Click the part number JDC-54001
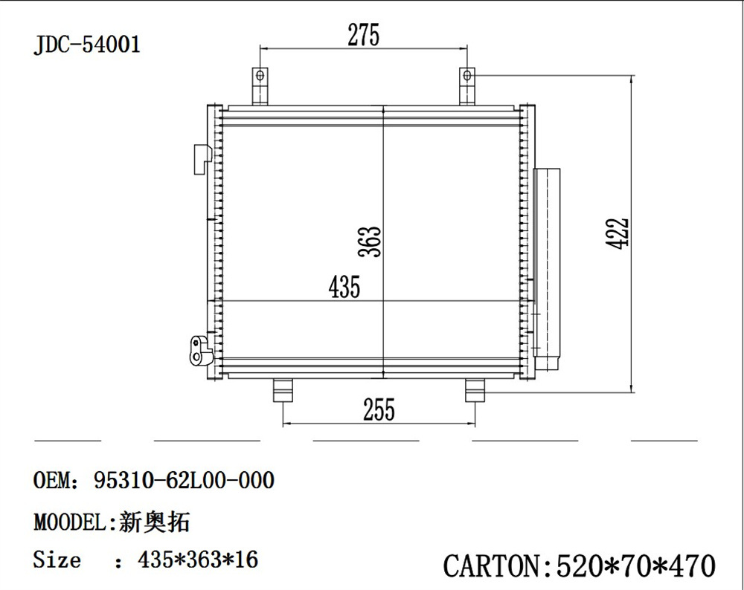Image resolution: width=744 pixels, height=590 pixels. coord(87,45)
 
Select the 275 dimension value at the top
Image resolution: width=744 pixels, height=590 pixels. coord(363,35)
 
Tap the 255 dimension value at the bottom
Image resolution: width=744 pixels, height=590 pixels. coord(379,409)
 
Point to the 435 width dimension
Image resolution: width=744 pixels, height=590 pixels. coord(344,286)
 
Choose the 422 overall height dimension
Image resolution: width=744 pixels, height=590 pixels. coord(617,233)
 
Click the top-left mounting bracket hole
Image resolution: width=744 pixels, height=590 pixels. coord(260,76)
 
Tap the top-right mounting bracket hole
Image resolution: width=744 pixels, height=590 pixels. coord(467,76)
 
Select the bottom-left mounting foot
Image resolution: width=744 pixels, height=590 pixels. coord(283,390)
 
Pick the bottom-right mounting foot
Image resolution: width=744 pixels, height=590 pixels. coord(475,390)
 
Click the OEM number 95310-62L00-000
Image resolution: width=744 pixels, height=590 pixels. coord(184,481)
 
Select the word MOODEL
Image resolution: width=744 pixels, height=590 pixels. coord(71,522)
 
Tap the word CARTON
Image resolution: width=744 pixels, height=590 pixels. coord(491,565)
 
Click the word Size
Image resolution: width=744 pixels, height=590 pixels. coord(57,559)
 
